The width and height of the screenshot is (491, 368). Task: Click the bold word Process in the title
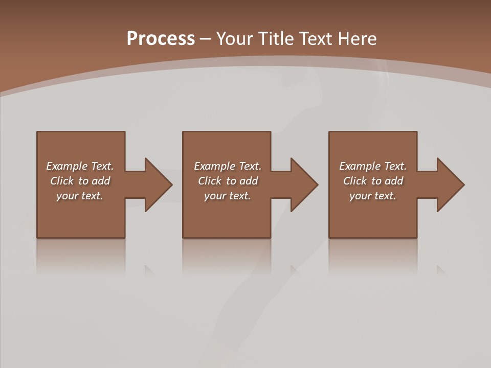point(161,39)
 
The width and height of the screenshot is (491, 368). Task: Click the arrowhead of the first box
point(158,185)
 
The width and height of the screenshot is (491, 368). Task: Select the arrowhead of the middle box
point(304,185)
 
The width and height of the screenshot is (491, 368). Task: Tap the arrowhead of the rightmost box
point(450,185)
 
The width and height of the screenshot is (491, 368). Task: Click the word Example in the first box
point(67,166)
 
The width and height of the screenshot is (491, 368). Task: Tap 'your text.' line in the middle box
point(227,196)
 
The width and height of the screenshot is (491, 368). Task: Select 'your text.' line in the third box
point(372,196)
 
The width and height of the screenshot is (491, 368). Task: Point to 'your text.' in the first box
point(79,196)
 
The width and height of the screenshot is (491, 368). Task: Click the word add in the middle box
point(249,181)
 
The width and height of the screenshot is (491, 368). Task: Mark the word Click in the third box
point(355,181)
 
